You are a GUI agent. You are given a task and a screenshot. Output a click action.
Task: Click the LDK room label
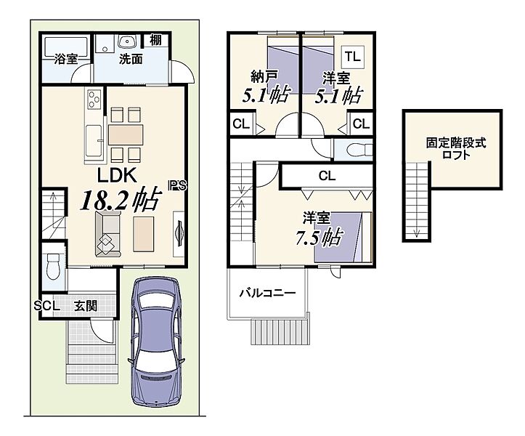point(117,176)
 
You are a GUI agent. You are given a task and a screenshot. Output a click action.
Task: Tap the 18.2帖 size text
point(119,201)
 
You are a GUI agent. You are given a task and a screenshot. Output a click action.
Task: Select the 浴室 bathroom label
point(66,59)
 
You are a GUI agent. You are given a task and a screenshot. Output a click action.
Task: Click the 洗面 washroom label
point(131,59)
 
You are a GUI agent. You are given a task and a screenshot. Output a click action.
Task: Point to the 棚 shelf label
point(155,40)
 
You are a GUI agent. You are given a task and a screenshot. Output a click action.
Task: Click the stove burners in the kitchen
point(94,99)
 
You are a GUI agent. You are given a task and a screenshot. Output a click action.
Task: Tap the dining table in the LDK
point(126,134)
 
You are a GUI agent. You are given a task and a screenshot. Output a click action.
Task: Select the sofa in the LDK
point(107,234)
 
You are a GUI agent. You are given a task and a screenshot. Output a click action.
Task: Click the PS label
point(177,185)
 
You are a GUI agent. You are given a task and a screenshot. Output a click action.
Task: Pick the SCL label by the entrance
point(47,306)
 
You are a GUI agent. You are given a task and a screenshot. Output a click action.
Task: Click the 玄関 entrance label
point(86,306)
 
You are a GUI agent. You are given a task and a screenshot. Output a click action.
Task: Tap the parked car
point(155,341)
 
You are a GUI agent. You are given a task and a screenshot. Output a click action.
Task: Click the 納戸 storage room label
point(264,77)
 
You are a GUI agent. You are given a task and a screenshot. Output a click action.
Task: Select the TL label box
point(353,57)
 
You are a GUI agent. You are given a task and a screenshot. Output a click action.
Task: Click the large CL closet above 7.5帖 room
point(327,176)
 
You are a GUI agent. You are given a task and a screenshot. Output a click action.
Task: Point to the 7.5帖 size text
point(318,237)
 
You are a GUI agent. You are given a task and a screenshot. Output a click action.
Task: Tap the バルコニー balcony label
point(267,294)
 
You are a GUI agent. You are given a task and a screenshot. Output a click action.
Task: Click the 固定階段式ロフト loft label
point(456,149)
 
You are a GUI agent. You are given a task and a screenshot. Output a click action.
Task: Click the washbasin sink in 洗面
point(128,41)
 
